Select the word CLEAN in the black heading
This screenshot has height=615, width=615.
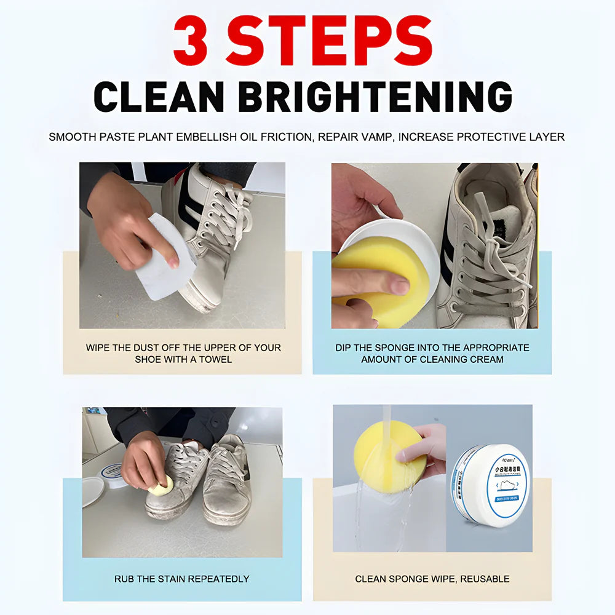[x=159, y=97]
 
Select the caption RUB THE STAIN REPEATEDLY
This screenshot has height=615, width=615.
[x=181, y=579]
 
